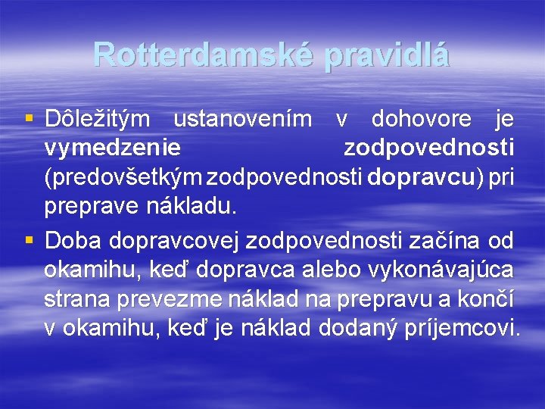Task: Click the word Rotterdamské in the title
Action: pyautogui.click(x=199, y=55)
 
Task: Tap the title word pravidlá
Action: pyautogui.click(x=387, y=55)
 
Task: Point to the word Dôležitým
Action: pyautogui.click(x=101, y=119)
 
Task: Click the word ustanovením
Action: pyautogui.click(x=242, y=119)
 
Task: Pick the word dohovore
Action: pyautogui.click(x=421, y=119)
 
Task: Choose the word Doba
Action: pyautogui.click(x=73, y=241)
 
